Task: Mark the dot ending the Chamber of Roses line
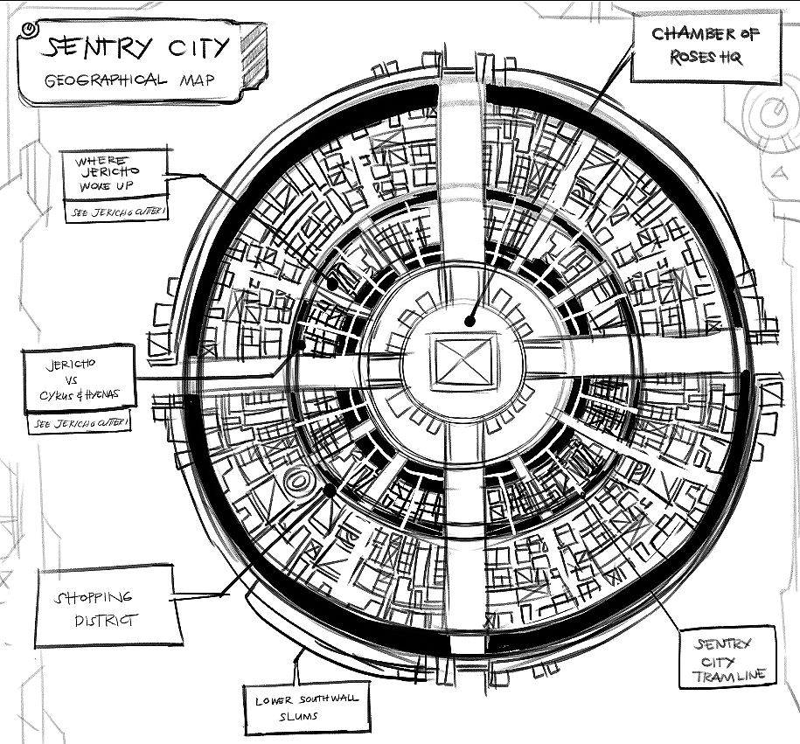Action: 470,321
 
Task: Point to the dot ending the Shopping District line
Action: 330,491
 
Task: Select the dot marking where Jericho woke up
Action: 333,282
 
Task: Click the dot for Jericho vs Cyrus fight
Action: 303,345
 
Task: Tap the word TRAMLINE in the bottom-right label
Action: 729,675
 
